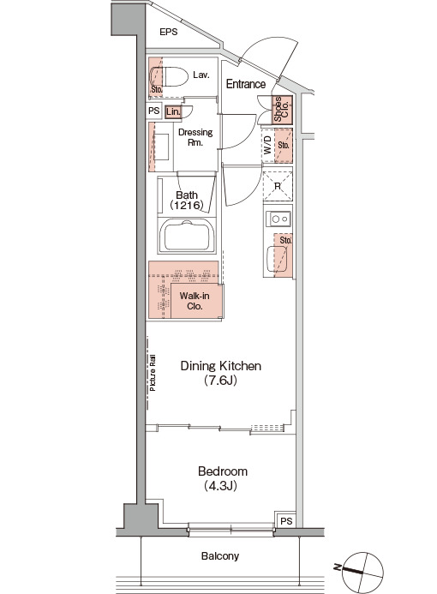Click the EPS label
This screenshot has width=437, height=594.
tap(169, 32)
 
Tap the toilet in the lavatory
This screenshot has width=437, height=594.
tap(169, 77)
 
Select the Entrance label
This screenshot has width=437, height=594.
tap(246, 84)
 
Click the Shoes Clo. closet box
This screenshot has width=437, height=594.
tap(283, 110)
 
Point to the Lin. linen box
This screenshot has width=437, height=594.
tap(173, 111)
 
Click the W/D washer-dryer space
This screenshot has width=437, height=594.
tap(267, 146)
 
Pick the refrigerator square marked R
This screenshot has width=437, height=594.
tap(278, 186)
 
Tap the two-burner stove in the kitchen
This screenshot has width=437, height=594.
tap(278, 219)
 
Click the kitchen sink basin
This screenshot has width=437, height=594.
tap(277, 259)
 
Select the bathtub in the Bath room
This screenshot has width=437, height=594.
tap(186, 235)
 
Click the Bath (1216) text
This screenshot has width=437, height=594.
tap(187, 201)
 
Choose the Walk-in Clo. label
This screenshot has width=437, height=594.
tap(195, 301)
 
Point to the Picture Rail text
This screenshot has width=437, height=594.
tap(153, 373)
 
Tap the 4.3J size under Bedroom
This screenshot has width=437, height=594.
tap(221, 485)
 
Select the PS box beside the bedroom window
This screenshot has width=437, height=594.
tap(286, 520)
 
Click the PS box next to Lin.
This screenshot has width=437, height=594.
tap(153, 111)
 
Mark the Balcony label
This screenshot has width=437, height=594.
tap(220, 555)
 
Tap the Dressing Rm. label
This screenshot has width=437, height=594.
tap(195, 137)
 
